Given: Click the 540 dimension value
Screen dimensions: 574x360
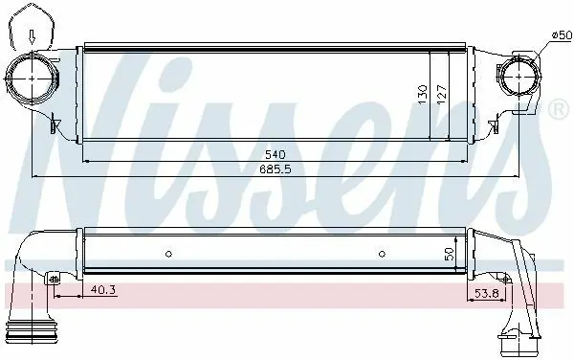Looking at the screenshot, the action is point(275,154).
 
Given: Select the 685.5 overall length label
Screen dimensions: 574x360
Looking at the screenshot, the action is point(276,169).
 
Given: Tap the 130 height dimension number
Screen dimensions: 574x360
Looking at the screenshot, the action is point(423,94).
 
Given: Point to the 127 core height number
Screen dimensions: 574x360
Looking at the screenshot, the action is point(442,94).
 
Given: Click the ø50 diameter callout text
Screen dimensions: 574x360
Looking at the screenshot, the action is point(562,35).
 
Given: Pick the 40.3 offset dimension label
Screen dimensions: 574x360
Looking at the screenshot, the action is point(103,290).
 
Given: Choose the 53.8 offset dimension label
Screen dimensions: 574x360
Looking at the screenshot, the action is point(487,293).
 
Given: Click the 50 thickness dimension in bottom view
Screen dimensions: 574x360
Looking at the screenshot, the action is point(450,254).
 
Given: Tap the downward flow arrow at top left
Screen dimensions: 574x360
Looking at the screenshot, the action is point(33,37).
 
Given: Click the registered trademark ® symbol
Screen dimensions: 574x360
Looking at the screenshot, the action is point(559,109).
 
